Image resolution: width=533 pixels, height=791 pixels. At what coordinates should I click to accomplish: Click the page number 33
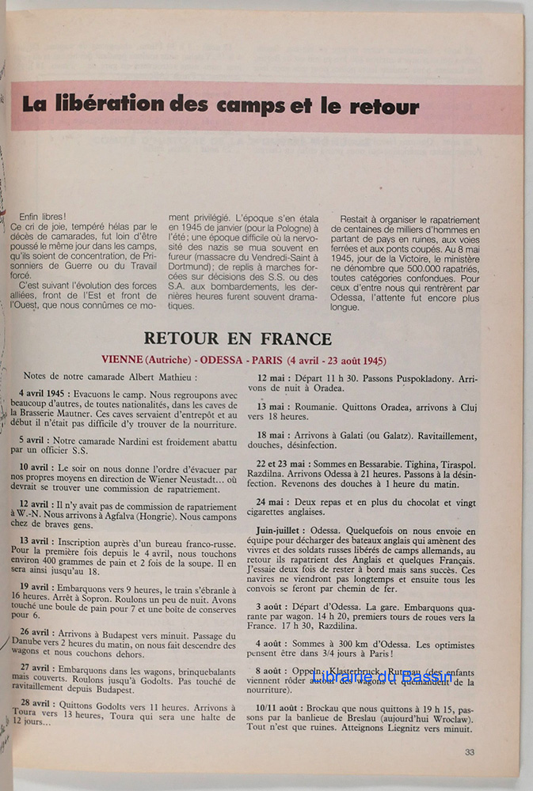click(470, 752)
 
